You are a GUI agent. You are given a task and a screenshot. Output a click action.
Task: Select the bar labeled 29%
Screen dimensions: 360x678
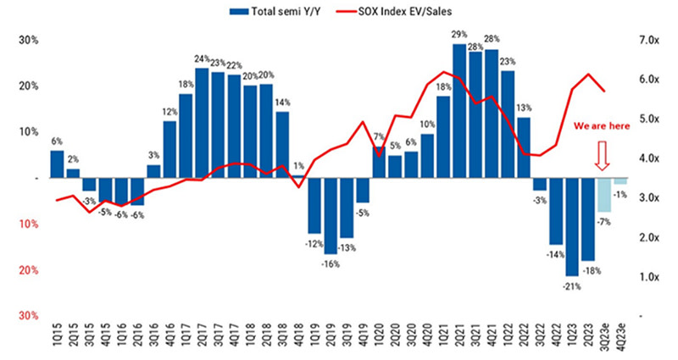459,110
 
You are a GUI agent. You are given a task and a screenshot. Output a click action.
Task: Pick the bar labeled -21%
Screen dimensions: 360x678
572,226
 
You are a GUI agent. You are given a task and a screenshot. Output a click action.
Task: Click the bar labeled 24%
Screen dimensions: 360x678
202,123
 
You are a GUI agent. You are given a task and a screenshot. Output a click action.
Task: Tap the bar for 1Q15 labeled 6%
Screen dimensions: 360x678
57,164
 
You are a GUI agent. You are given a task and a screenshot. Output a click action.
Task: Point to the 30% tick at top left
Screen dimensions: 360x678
29,41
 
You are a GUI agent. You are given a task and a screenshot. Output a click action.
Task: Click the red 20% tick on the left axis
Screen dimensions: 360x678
29,270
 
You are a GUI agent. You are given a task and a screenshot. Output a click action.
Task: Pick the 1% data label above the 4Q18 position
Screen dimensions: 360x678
297,166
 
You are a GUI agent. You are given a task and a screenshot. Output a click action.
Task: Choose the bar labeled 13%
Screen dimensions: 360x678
524,147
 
